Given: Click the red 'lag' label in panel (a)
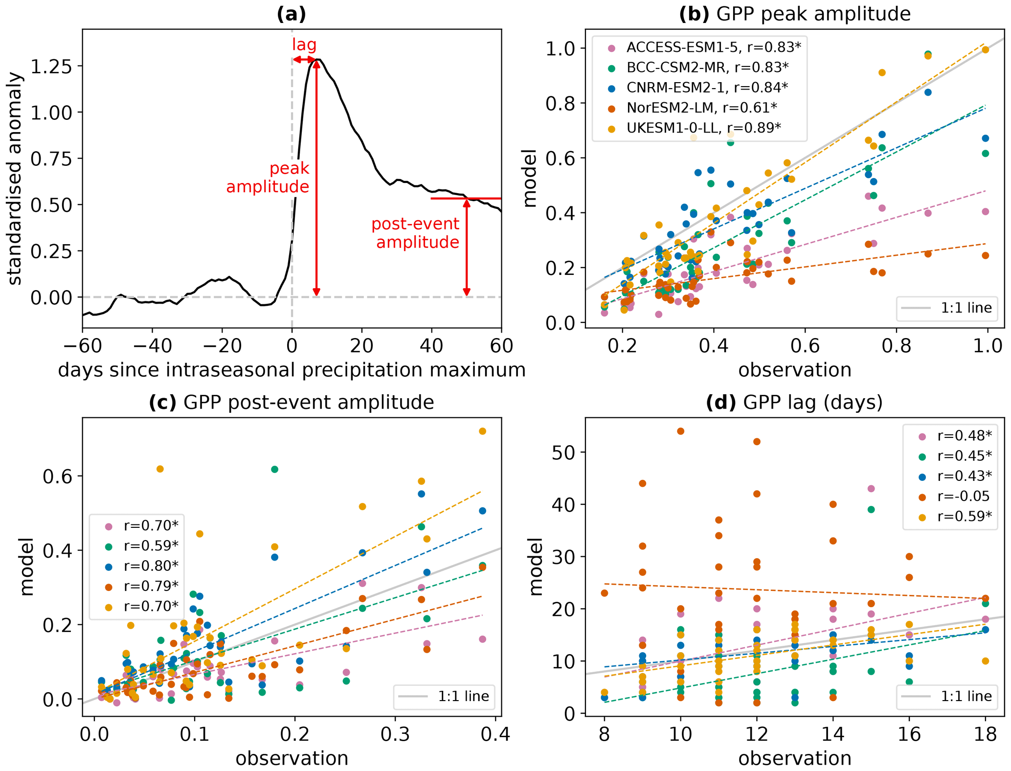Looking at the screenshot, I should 304,45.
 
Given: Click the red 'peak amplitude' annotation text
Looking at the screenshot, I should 268,177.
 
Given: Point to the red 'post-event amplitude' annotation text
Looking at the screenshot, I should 416,233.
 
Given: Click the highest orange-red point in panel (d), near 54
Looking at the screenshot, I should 680,431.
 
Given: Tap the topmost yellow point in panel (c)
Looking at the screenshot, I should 482,431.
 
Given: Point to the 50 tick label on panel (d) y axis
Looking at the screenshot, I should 564,452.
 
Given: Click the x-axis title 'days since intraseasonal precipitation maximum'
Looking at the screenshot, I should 292,370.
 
